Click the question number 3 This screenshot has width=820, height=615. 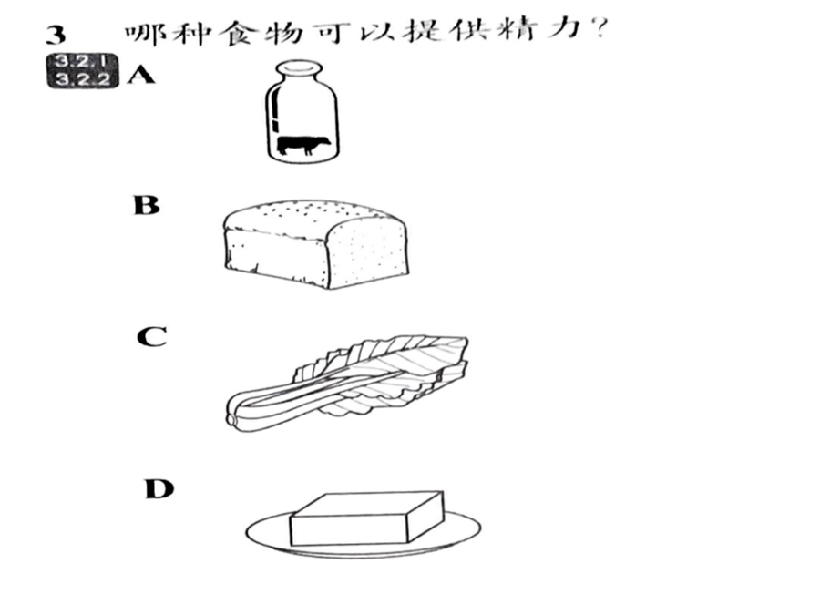click(x=56, y=35)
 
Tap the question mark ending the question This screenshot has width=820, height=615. click(x=600, y=30)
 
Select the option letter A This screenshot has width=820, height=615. click(x=140, y=76)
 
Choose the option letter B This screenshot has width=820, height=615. click(x=147, y=205)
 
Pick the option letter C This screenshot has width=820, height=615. click(x=151, y=337)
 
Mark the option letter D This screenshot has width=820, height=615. click(x=159, y=489)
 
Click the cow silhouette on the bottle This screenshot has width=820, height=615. click(x=303, y=145)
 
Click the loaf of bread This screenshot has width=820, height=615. click(x=316, y=243)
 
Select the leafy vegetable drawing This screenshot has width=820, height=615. click(x=348, y=384)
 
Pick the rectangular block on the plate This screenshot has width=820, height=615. click(x=367, y=518)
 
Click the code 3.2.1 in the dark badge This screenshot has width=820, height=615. click(x=83, y=62)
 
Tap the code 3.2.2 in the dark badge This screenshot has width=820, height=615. click(x=83, y=79)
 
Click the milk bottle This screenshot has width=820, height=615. click(x=302, y=112)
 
